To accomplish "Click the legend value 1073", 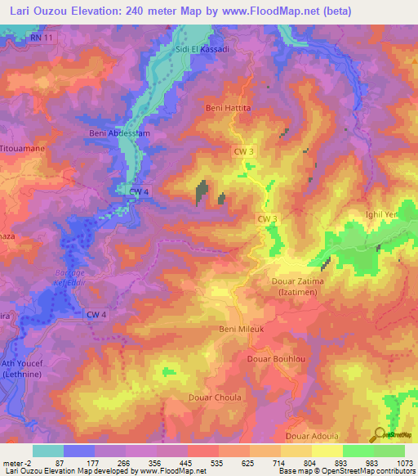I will click(405, 463).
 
